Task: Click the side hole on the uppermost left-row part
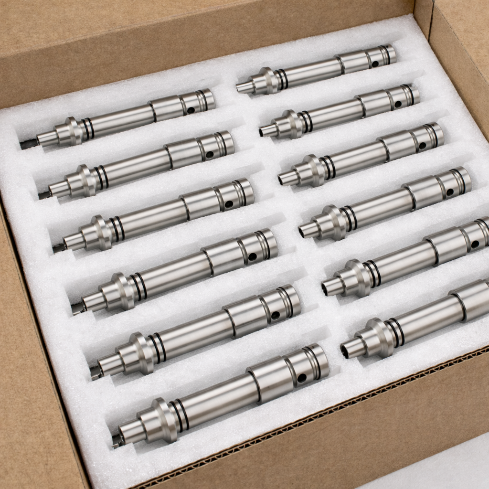pos(191,110)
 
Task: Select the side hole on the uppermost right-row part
pos(374,63)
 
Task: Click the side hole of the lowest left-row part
pos(302,378)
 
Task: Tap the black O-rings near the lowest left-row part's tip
pos(181,415)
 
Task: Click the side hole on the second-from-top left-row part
pos(210,155)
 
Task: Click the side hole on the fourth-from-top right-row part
pos(450,192)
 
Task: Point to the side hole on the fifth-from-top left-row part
pos(276,315)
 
